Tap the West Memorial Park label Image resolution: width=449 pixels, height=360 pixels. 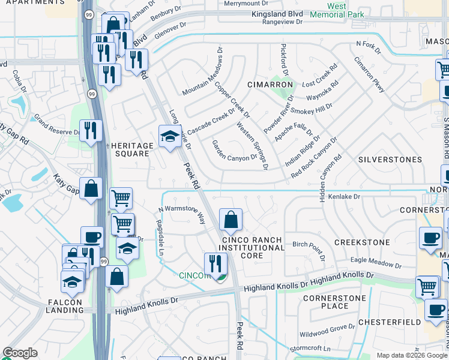coord(337,10)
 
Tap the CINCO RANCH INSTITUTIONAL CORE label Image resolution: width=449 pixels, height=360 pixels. coord(252,247)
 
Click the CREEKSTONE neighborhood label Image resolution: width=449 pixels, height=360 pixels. coord(361,242)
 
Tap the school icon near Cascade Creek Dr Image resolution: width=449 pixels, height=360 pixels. coord(169,136)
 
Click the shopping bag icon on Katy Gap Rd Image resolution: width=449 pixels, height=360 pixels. coord(91,189)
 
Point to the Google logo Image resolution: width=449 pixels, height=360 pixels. coord(20,353)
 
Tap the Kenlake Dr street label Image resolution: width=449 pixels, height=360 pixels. coord(345,197)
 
